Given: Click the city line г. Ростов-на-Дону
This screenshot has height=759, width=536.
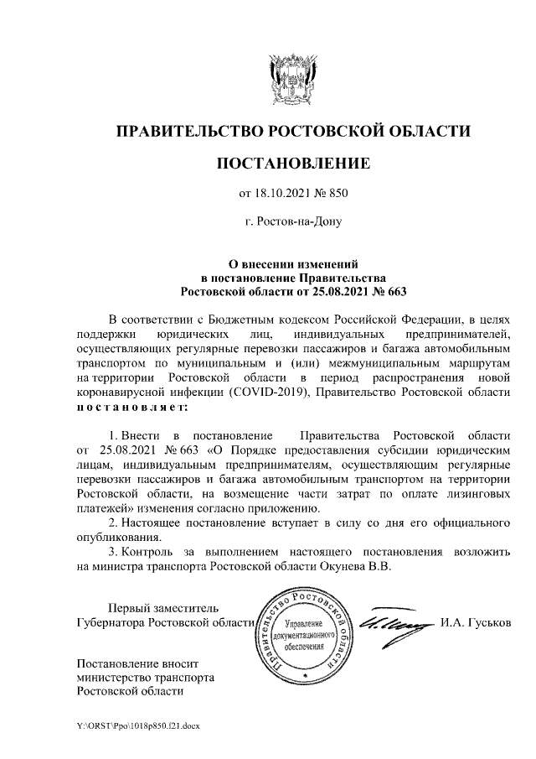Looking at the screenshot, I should click(292, 223).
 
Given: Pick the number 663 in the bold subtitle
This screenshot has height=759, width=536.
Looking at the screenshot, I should click(389, 290).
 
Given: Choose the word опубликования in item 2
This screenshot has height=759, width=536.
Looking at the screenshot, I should click(117, 537).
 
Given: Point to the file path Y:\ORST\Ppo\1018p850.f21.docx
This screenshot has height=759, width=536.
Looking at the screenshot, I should click(138, 724).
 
